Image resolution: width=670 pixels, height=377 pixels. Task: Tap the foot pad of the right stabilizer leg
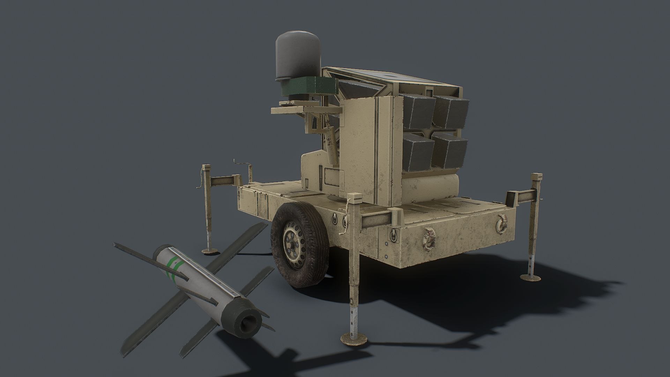[531, 277]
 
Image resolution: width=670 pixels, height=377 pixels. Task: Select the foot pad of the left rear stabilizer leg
[211, 250]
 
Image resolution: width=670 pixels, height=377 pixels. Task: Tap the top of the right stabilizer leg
[536, 177]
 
